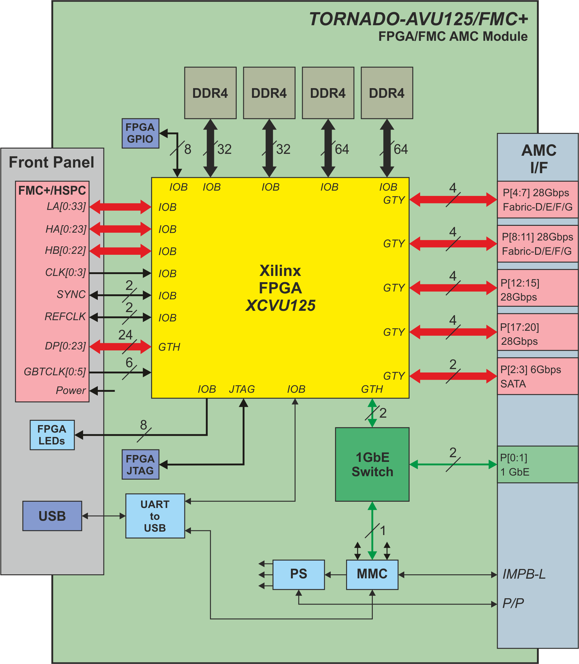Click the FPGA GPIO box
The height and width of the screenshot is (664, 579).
[x=140, y=133]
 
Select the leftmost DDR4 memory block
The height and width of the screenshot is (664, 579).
[x=210, y=93]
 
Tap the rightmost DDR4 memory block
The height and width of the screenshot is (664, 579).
[x=387, y=93]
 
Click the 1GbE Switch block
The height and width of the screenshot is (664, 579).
[x=372, y=464]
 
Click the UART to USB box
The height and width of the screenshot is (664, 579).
[x=155, y=516]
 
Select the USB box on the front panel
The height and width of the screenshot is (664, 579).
[x=52, y=516]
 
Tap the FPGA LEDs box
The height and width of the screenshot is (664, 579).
[x=52, y=435]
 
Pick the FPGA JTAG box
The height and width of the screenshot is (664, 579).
[x=140, y=464]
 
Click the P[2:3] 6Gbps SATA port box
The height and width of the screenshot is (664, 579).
[x=537, y=376]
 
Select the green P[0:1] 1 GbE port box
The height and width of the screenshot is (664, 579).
[x=537, y=464]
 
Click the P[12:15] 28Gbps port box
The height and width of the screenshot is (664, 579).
[x=537, y=288]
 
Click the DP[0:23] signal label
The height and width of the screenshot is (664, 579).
[x=65, y=346]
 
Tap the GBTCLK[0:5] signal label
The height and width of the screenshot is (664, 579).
[x=55, y=372]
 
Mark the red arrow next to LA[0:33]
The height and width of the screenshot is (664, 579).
[x=120, y=207]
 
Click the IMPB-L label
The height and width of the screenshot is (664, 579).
[x=524, y=575]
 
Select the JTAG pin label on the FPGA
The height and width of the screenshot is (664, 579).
[x=242, y=389]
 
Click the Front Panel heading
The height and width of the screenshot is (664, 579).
[x=51, y=162]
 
